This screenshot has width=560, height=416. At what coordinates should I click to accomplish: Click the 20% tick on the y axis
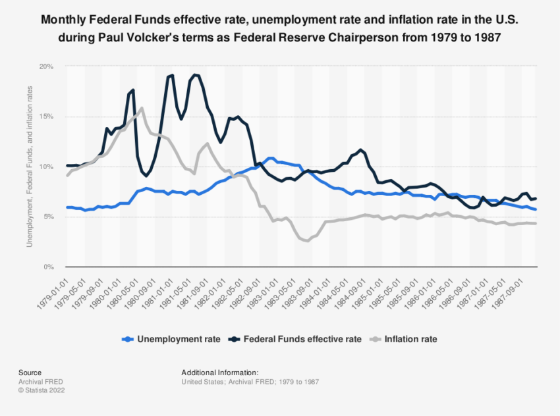click(45, 66)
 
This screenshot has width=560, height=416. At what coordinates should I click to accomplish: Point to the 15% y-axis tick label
click(45, 117)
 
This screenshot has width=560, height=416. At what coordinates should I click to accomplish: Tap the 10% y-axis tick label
click(45, 167)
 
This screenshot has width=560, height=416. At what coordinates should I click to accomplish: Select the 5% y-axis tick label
click(47, 217)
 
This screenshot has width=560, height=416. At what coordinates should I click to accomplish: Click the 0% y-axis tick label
click(47, 267)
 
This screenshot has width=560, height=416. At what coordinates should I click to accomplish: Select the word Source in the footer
click(30, 373)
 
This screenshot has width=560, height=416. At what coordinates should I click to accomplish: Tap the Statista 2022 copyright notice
click(42, 390)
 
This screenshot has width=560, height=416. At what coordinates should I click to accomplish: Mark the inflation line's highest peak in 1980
click(142, 108)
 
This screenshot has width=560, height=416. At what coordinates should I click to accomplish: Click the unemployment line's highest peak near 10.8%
click(271, 158)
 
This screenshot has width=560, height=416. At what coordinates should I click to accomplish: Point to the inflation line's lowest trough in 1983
click(308, 241)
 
